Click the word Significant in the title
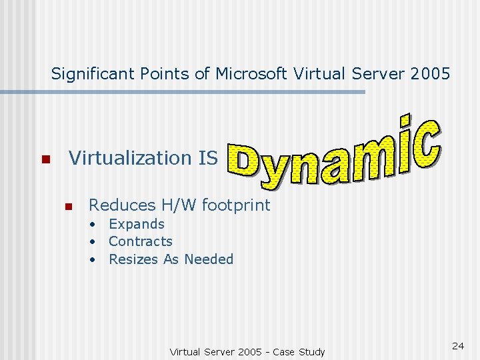[x=93, y=73]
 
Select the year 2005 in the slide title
[x=429, y=73]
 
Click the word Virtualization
[x=121, y=158]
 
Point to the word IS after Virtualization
[x=208, y=158]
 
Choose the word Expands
[x=136, y=224]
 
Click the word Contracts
[x=140, y=241]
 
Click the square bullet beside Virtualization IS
[x=45, y=160]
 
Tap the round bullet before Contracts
[x=95, y=242]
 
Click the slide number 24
[x=458, y=346]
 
